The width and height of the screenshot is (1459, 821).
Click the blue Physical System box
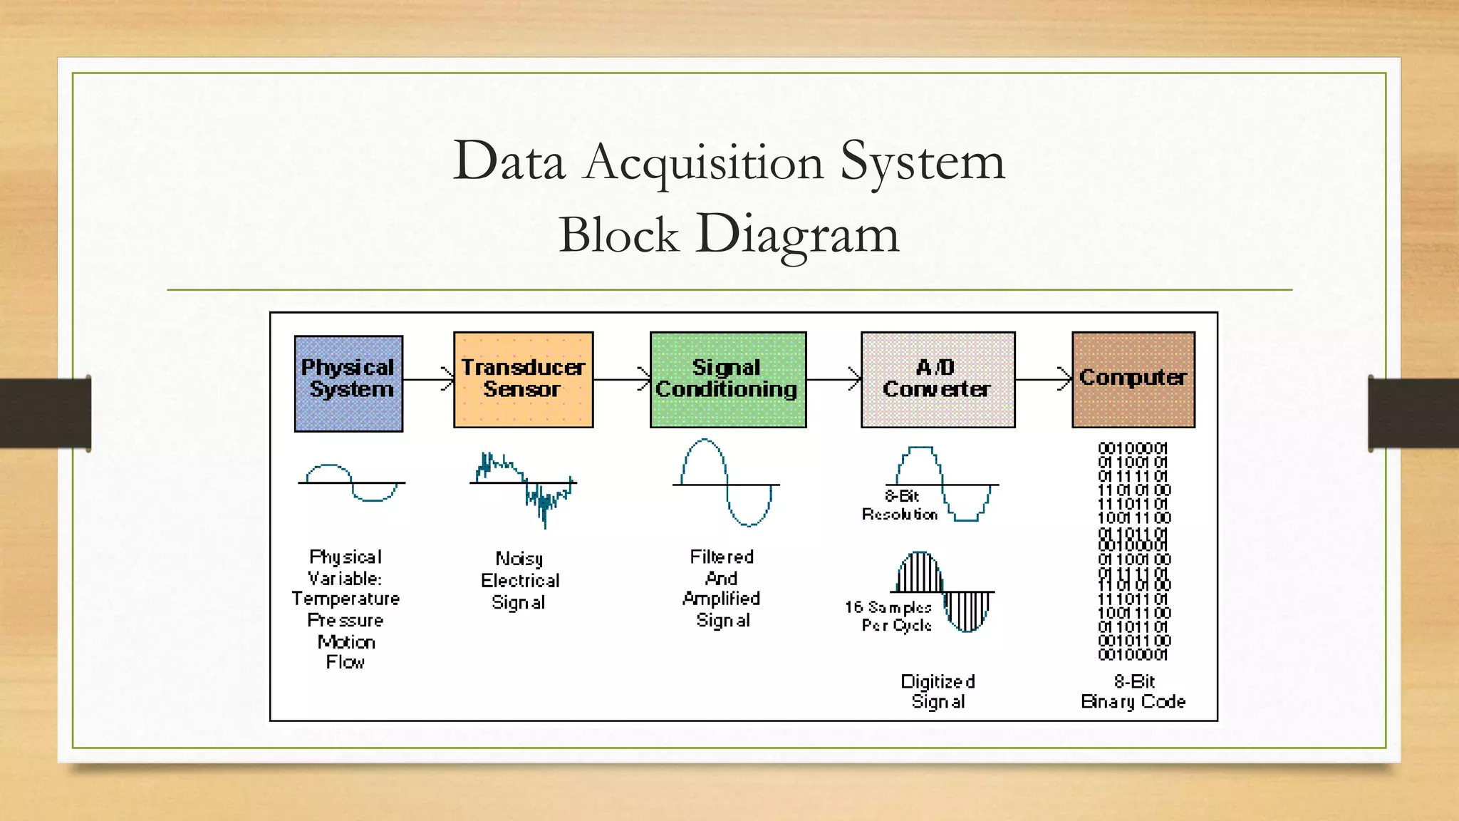348,383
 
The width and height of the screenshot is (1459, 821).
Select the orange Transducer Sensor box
523,379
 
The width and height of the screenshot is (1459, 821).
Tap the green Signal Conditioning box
727,379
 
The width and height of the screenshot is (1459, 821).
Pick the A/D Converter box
938,379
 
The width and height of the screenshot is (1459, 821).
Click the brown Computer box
1133,379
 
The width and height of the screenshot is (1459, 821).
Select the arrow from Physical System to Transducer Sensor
428,379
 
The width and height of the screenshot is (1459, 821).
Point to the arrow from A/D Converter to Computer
1043,379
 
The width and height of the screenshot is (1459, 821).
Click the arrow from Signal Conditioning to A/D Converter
834,379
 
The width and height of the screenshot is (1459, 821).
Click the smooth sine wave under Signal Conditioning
726,483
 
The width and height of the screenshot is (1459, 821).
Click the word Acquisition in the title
703,162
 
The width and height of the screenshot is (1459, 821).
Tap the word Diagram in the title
797,234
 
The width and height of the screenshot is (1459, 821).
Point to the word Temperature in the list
346,599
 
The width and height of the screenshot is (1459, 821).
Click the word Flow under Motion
346,662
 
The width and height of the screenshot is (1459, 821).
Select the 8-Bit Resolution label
900,505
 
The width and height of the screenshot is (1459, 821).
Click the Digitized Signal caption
938,691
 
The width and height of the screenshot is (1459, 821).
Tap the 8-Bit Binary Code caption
1133,691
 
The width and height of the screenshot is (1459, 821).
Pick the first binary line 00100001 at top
1133,448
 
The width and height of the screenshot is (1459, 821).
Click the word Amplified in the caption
721,599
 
